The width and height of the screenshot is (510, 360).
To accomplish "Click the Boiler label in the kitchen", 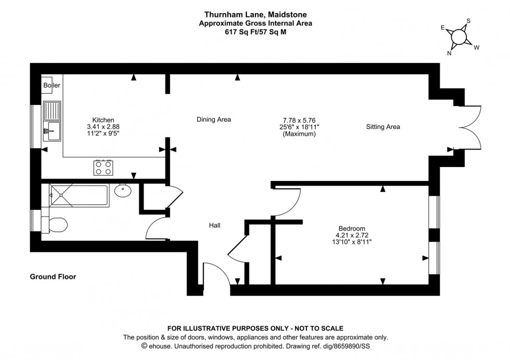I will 52,85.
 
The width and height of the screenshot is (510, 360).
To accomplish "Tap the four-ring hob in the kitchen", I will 104,167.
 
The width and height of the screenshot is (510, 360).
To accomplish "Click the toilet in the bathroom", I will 55,224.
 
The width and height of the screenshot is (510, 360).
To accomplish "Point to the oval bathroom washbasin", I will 123,190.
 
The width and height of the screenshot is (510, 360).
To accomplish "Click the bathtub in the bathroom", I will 78,195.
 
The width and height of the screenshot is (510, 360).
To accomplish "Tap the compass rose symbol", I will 459,36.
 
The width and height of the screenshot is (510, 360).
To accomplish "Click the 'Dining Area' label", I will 213,120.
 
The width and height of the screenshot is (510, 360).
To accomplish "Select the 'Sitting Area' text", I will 382,126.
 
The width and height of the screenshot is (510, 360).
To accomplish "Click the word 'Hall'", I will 214,225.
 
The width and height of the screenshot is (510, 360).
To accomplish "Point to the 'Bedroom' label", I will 352,228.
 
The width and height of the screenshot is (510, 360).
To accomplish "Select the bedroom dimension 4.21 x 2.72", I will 352,235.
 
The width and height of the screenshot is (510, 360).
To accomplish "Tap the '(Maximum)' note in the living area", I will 299,134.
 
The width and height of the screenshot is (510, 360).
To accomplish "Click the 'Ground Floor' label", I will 53,277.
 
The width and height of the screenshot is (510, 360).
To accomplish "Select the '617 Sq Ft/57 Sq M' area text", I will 255,31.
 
